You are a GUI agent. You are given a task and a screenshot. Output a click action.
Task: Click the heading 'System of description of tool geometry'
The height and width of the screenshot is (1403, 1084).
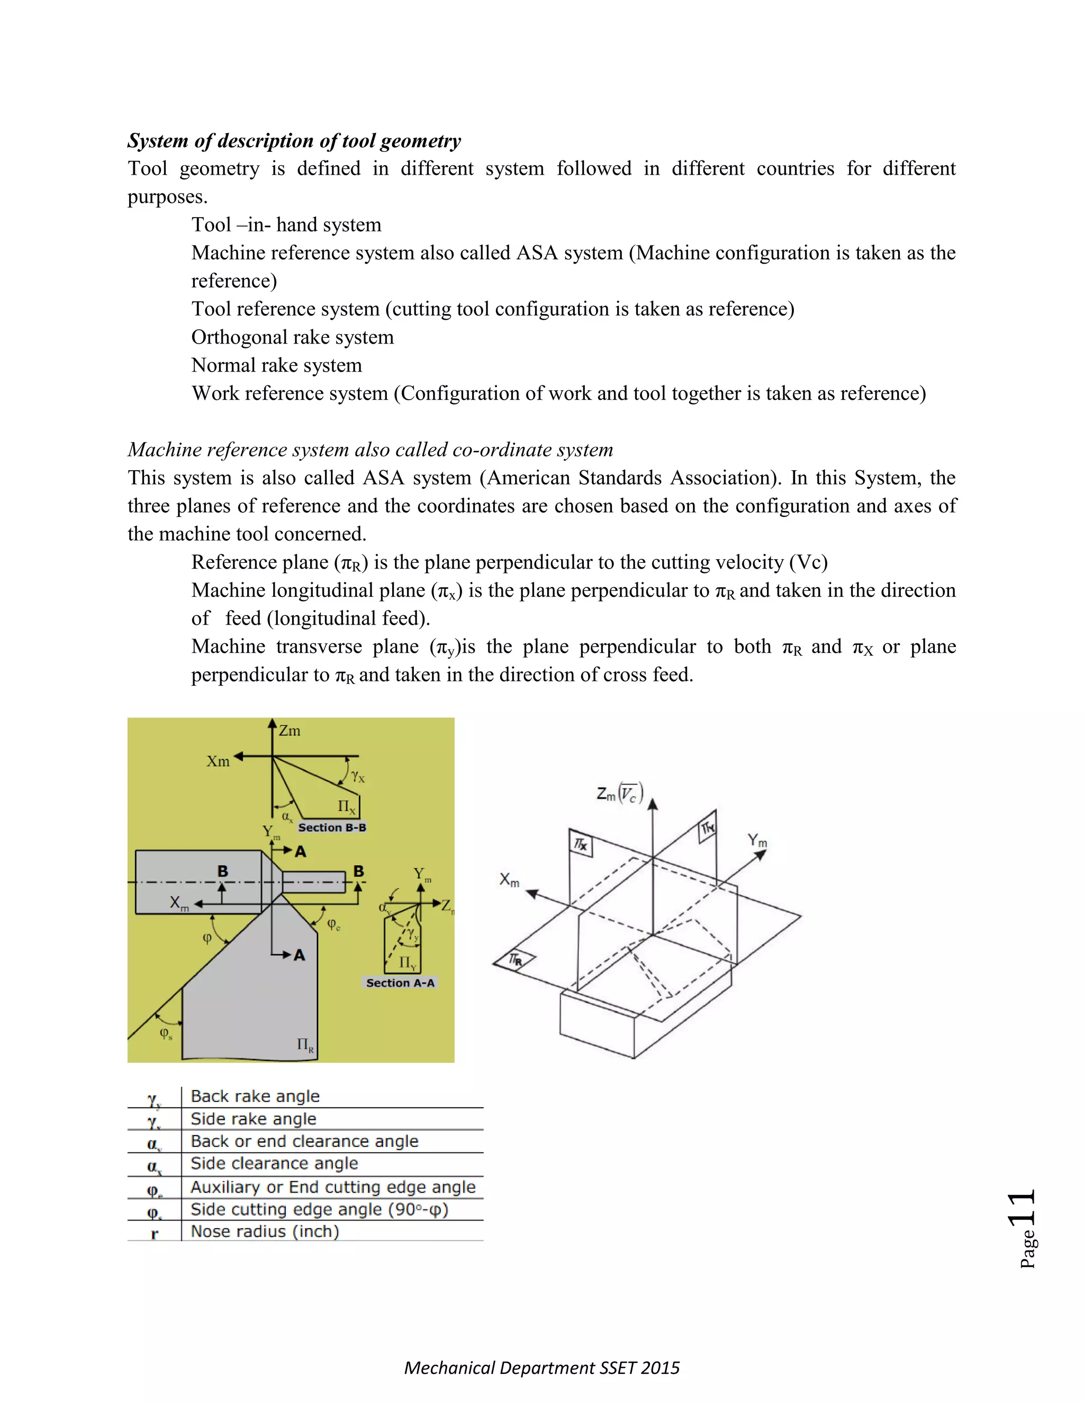[x=294, y=141]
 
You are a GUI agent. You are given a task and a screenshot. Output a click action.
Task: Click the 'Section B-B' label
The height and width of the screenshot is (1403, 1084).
[x=332, y=828]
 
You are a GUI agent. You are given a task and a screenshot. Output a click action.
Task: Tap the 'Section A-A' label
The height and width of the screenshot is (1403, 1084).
[x=400, y=983]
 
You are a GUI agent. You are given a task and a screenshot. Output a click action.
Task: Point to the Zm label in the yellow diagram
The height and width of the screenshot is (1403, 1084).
[x=289, y=731]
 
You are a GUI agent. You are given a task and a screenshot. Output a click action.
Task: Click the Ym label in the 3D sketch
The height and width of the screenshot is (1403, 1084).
[x=757, y=840]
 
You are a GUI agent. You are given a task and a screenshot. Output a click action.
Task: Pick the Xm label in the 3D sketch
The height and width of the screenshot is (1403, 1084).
[x=509, y=879]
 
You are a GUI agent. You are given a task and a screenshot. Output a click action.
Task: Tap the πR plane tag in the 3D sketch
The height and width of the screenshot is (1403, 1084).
[x=515, y=960]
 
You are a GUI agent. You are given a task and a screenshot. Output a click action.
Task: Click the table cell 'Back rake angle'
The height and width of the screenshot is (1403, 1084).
[x=255, y=1096]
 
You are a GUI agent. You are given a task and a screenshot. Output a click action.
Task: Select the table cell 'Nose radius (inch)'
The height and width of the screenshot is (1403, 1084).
[x=265, y=1231]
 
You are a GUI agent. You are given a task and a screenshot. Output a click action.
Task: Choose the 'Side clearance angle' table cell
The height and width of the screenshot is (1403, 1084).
[x=274, y=1163]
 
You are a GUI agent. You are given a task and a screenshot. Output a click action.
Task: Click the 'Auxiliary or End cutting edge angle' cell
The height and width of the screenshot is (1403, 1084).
[x=332, y=1187]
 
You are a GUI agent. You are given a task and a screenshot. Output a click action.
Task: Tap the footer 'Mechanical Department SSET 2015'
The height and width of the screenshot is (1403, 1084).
[x=541, y=1368]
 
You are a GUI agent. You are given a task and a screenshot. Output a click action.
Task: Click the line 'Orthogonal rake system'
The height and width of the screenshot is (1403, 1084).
[x=292, y=337]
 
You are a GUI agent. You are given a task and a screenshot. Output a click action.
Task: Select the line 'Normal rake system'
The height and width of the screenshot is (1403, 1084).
[x=276, y=365]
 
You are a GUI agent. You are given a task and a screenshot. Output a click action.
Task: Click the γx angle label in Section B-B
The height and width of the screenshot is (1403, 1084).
[x=358, y=777]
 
